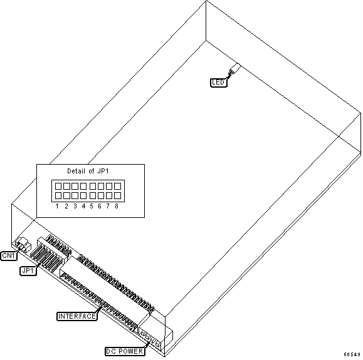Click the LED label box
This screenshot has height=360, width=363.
click(219, 82)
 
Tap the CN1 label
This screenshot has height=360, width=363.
click(9, 255)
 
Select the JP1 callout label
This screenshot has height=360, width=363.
click(28, 270)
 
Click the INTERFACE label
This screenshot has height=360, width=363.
click(77, 316)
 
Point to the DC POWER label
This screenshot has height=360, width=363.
click(125, 351)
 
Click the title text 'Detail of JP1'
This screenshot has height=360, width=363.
click(88, 171)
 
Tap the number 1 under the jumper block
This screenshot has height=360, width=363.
click(57, 206)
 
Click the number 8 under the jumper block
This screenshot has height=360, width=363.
click(117, 206)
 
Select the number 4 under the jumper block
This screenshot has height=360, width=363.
click(83, 206)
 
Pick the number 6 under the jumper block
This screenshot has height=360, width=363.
click(100, 206)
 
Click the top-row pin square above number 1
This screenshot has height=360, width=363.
click(58, 186)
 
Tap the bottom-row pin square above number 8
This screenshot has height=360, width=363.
click(118, 195)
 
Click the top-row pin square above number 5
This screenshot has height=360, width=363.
click(93, 186)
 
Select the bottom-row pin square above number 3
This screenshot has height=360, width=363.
click(75, 195)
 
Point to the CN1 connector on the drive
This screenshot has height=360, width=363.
click(23, 245)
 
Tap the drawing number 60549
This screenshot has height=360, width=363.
click(352, 354)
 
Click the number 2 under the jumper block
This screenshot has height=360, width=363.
click(66, 206)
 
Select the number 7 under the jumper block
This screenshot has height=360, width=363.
click(108, 206)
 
